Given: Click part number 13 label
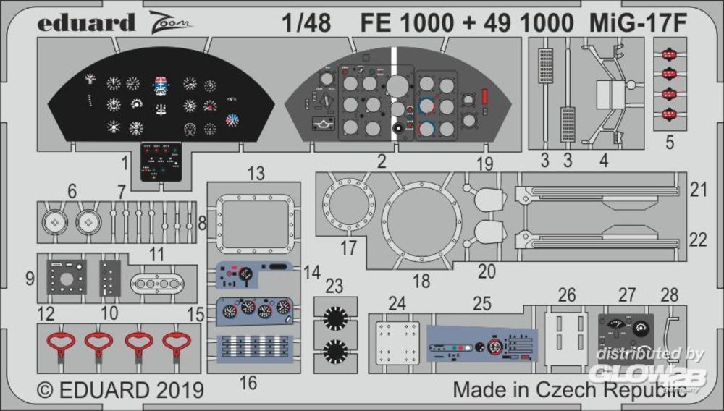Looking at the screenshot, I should tap(256, 174).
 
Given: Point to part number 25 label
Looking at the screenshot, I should tap(481, 304).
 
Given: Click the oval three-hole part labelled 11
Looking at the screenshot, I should tap(156, 283).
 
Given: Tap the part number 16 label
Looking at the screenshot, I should tap(248, 383).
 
